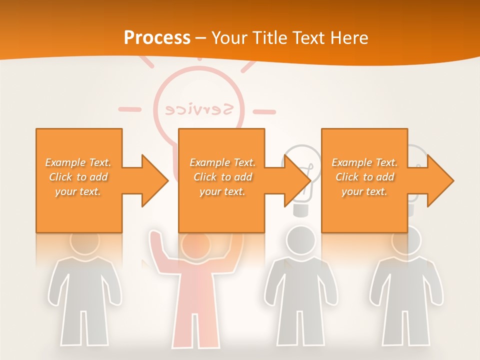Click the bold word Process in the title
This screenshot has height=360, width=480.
[157, 38]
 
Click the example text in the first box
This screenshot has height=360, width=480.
[78, 177]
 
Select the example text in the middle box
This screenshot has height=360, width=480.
[222, 177]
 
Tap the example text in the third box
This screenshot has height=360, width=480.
[364, 177]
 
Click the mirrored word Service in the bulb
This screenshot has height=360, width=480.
[199, 109]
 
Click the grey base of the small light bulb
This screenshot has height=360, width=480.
[300, 210]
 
